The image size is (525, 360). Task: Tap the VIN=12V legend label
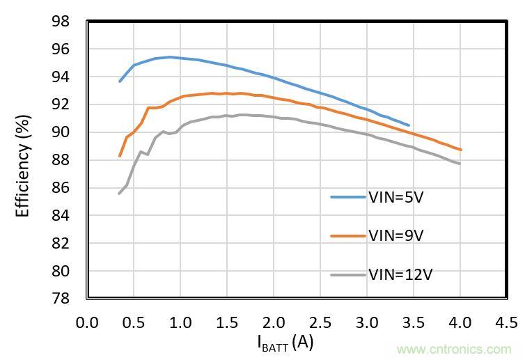400,274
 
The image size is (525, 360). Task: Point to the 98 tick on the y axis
61,22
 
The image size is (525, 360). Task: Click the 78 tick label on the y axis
61,299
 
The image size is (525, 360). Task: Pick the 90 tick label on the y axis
61,132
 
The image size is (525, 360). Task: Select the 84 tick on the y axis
61,216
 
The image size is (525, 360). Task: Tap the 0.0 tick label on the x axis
87,322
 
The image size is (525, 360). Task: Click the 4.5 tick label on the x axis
506,322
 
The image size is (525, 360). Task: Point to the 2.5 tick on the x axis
320,322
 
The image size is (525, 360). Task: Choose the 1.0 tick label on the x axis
180,322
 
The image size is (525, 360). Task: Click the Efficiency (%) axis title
23,161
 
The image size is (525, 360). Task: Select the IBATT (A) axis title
285,343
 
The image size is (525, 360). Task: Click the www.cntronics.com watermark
453,349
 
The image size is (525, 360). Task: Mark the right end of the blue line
409,125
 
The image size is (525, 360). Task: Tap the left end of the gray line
119,194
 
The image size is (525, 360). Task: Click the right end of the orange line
460,150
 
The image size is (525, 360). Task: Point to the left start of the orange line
120,156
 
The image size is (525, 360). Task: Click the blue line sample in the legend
347,198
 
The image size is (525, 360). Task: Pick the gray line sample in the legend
347,274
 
